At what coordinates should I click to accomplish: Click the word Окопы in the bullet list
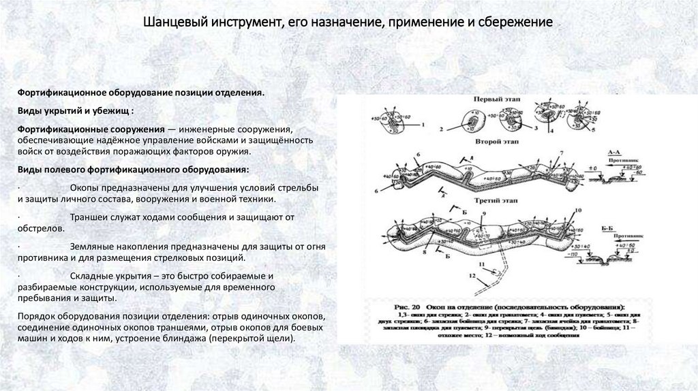(x=85, y=187)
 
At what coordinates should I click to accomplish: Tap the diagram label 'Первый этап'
(x=494, y=99)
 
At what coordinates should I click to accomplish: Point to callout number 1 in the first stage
(x=423, y=125)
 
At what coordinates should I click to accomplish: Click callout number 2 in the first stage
(x=441, y=128)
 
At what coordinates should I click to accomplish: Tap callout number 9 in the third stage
(x=483, y=213)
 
